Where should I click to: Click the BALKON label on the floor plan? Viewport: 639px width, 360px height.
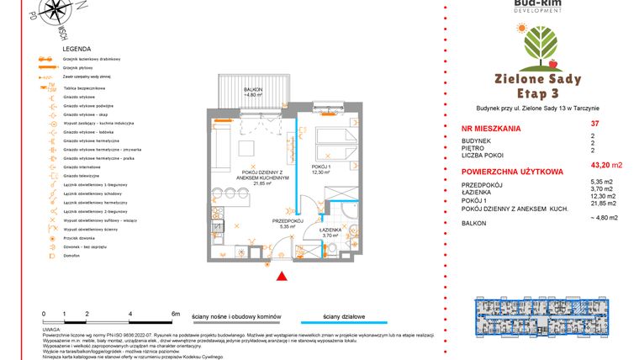pos(253,89)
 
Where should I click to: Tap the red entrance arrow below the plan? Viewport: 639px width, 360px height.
pos(283,274)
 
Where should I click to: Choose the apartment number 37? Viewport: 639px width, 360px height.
pos(594,124)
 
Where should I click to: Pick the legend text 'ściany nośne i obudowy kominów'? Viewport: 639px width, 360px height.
pos(235,313)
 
